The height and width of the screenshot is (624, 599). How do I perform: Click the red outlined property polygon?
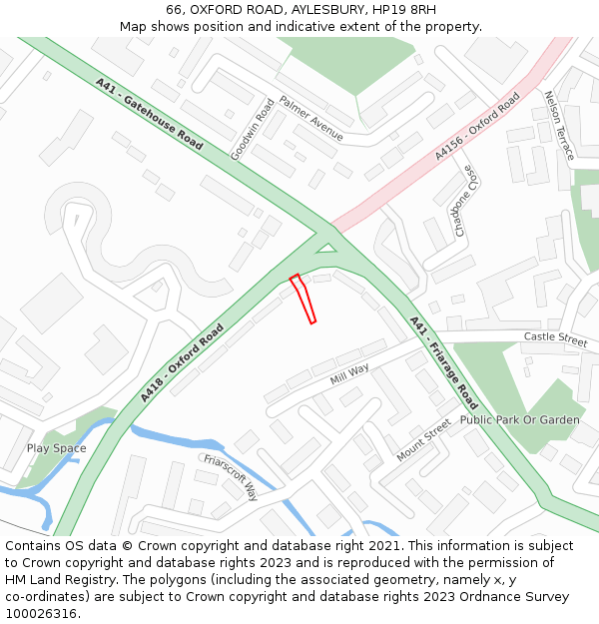[x=303, y=299]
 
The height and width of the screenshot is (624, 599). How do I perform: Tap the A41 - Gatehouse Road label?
[x=150, y=114]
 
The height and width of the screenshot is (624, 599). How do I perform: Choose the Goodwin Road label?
[x=252, y=129]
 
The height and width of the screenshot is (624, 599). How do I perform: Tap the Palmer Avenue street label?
[x=310, y=119]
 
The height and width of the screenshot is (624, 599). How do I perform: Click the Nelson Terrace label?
[x=559, y=125]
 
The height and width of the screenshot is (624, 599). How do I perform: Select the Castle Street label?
[x=555, y=338]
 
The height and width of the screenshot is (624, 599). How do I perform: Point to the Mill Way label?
[x=349, y=375]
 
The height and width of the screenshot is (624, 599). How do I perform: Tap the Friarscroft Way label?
[x=231, y=477]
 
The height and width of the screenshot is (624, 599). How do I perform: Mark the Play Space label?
[x=57, y=448]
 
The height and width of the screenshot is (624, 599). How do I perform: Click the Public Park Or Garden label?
[x=519, y=420]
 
